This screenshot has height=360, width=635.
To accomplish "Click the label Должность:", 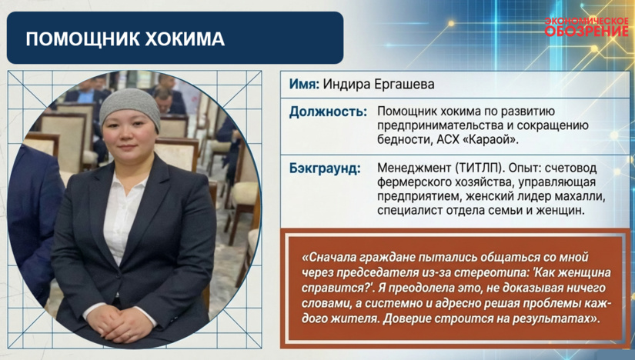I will coord(328,112).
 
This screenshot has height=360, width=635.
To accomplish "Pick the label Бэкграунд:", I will coord(325,168).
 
